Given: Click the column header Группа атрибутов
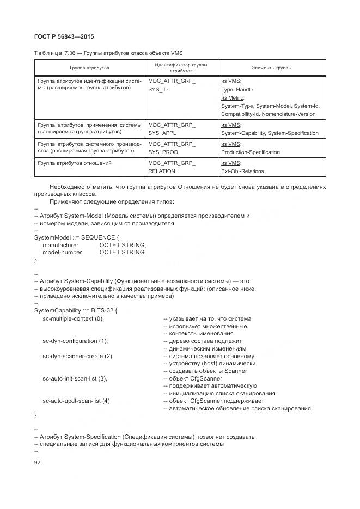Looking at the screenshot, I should [x=89, y=68].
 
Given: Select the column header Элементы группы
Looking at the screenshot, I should [x=271, y=68].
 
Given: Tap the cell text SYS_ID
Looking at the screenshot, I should [x=158, y=89].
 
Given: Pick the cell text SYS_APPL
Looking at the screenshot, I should [x=161, y=133].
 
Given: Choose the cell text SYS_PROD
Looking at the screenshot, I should [x=162, y=152].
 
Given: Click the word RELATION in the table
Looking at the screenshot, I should [x=162, y=171].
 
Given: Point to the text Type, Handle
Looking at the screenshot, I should [x=237, y=89].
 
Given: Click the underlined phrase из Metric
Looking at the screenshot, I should [x=232, y=97].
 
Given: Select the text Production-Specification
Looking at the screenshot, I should [x=251, y=152].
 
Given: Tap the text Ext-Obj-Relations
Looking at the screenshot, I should [x=242, y=171].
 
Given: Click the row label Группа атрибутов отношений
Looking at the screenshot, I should [x=74, y=163].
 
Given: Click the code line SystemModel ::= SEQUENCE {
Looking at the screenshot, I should [x=76, y=237].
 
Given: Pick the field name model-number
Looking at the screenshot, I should [x=62, y=252].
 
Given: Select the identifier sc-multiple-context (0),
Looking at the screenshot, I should [x=73, y=318].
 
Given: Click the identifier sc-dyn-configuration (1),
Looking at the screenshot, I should [x=75, y=341].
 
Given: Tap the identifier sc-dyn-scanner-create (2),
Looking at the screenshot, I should [x=78, y=356].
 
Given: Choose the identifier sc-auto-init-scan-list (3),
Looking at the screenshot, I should [x=75, y=378].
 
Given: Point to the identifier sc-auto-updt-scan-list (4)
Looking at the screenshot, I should [x=76, y=401].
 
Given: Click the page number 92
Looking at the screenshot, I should [x=38, y=462].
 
